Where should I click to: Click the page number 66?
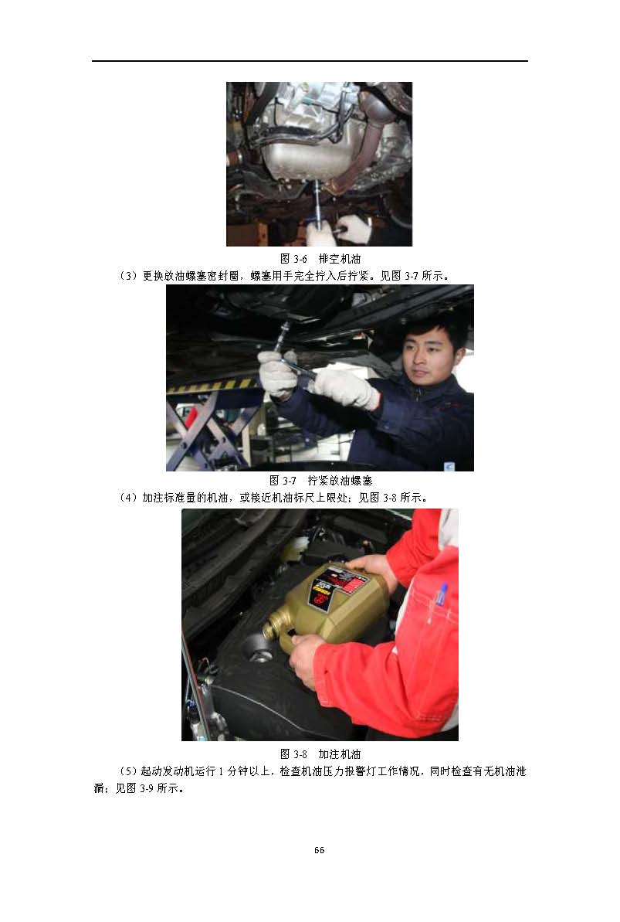click(x=319, y=849)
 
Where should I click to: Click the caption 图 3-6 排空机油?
click(x=320, y=259)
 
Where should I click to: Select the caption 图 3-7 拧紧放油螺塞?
click(x=320, y=481)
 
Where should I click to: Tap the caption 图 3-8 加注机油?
click(x=320, y=754)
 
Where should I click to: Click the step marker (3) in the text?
click(x=128, y=276)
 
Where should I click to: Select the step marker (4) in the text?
click(x=128, y=498)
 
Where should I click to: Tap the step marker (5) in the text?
click(x=128, y=771)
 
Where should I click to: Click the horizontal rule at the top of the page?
click(x=310, y=60)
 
